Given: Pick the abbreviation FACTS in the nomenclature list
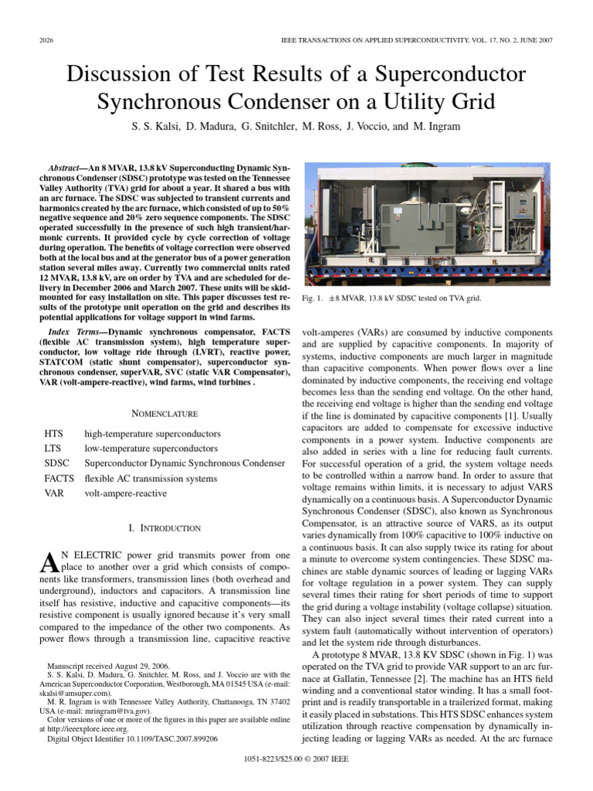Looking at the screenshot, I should coord(59,478).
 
